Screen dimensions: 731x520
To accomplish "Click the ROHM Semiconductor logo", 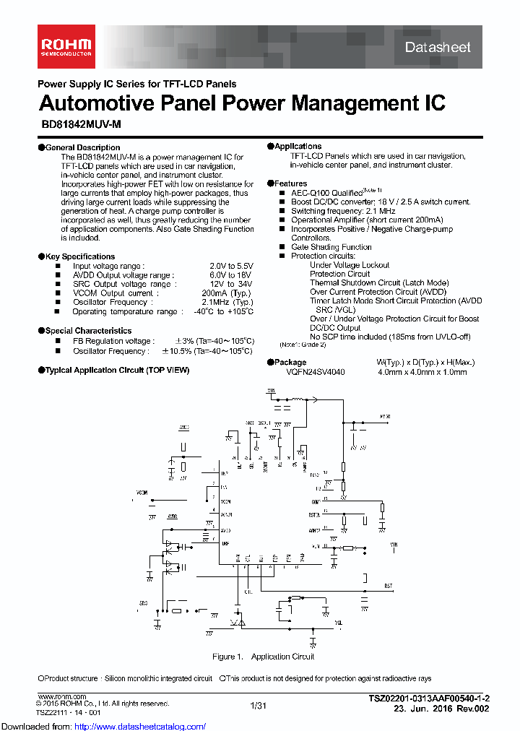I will (65, 47).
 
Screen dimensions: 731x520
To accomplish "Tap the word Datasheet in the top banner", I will (438, 48).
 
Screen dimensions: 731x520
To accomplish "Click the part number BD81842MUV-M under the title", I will (80, 124).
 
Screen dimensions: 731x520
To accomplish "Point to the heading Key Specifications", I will (79, 256).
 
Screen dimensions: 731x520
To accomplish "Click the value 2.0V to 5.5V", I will (231, 266).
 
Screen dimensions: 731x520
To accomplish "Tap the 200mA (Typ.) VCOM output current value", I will (227, 293).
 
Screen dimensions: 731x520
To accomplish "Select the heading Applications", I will (298, 147).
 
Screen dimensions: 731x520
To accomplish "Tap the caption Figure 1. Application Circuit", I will (263, 657).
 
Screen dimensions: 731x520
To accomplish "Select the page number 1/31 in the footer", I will (258, 706).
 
